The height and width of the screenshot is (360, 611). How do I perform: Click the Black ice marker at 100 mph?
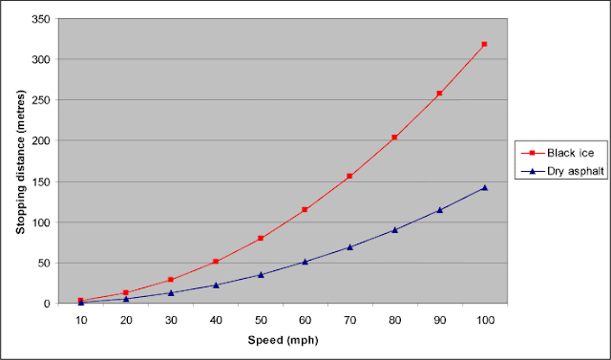pos(484,44)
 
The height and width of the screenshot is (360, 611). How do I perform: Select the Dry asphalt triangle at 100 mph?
pos(484,188)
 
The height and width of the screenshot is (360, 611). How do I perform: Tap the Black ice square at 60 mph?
pos(305,210)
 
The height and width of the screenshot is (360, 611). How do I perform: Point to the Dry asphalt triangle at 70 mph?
pos(349,247)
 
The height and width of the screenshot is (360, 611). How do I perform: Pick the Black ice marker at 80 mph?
pos(394,138)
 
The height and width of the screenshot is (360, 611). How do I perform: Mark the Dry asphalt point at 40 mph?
pos(216,286)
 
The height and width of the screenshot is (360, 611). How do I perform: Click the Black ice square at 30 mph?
pos(170,280)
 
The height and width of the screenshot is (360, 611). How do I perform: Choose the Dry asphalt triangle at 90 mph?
pos(439,210)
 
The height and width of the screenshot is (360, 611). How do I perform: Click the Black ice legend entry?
pos(558,153)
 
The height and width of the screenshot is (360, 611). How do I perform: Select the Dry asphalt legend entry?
pos(562,171)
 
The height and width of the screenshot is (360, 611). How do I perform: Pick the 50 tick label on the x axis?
pos(261,321)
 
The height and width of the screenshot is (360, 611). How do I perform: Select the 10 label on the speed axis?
pos(81,321)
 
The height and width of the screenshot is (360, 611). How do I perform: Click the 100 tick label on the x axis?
pos(484,321)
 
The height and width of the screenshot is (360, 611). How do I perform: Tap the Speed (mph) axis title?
pos(283,340)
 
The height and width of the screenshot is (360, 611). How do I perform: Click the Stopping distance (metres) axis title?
pos(21,161)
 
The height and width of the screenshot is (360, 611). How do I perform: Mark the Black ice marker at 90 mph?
pos(439,94)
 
